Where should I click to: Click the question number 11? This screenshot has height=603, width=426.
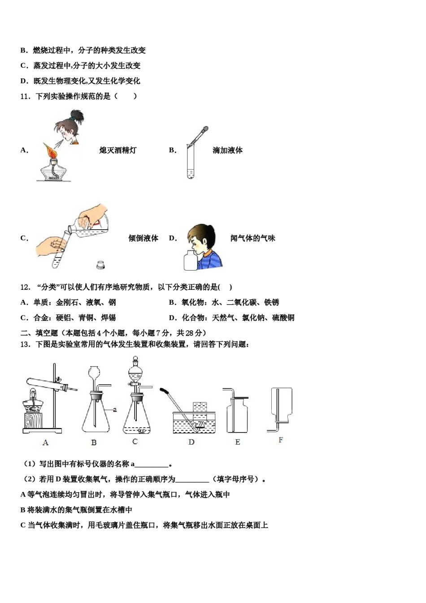tap(25, 96)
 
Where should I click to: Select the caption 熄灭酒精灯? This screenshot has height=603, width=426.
tap(117, 150)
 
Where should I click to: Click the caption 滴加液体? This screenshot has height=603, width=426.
tap(227, 150)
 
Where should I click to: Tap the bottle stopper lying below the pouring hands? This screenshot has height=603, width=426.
tap(100, 265)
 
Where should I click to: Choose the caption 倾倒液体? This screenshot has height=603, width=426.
tap(143, 238)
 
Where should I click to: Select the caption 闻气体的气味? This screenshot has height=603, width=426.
tap(252, 238)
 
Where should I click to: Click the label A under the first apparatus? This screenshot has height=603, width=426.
tap(45, 442)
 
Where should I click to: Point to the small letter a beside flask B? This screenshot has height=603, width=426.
tap(115, 409)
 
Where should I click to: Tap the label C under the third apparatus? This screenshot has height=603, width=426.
tap(135, 441)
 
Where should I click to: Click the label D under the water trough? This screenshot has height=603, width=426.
tap(191, 442)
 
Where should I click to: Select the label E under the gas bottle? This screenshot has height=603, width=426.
tap(238, 442)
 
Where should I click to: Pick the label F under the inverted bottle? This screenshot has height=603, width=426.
tap(281, 440)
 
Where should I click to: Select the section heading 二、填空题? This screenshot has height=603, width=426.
tap(39, 333)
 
